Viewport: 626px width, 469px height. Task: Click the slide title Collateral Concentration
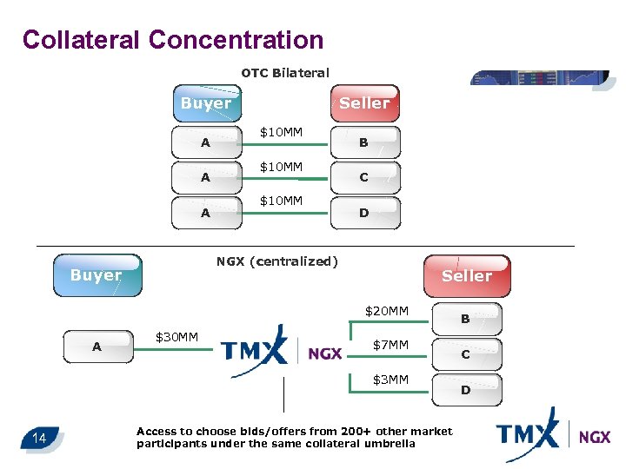(172, 40)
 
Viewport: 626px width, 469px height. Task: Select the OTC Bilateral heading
(284, 73)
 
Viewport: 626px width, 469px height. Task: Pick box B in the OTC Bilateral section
(364, 142)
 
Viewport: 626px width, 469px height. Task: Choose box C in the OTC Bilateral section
(364, 177)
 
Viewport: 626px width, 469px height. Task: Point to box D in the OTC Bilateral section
(364, 213)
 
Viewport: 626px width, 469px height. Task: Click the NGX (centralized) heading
(276, 261)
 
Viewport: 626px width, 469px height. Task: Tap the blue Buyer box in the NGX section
(97, 275)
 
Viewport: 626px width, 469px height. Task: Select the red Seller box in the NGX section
(466, 276)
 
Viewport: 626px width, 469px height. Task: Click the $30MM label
(176, 337)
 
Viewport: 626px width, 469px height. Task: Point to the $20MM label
(387, 311)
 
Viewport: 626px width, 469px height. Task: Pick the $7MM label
(390, 346)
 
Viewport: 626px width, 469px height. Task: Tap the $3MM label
(390, 380)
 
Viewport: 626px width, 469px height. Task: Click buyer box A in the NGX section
(97, 347)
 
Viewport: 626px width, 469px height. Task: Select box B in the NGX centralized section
(465, 320)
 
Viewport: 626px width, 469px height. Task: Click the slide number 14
(39, 438)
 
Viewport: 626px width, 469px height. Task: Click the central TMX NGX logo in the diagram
(282, 351)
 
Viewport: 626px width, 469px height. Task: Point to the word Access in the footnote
(157, 431)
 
